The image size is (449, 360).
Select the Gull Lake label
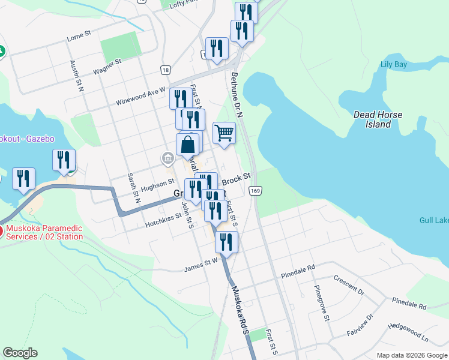(435, 220)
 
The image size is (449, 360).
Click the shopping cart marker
(224, 133)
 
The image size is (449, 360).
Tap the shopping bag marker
(188, 145)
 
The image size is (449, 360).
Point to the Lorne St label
(79, 37)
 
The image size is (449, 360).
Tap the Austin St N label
(76, 76)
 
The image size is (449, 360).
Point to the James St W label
(200, 262)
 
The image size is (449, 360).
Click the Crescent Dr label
(350, 286)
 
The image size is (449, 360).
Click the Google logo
(20, 353)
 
